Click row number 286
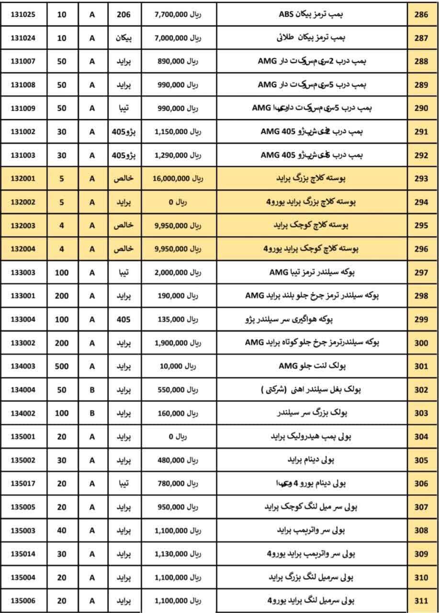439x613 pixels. click(421, 15)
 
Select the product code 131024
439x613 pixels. click(23, 38)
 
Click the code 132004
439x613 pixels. click(23, 249)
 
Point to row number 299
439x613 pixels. click(421, 319)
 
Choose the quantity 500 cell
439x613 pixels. click(62, 366)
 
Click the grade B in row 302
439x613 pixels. click(92, 390)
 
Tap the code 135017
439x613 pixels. click(23, 484)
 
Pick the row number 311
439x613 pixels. click(421, 601)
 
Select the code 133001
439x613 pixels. click(23, 296)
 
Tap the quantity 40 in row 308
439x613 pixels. click(62, 531)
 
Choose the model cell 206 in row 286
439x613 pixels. click(124, 15)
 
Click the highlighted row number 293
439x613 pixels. click(421, 179)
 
